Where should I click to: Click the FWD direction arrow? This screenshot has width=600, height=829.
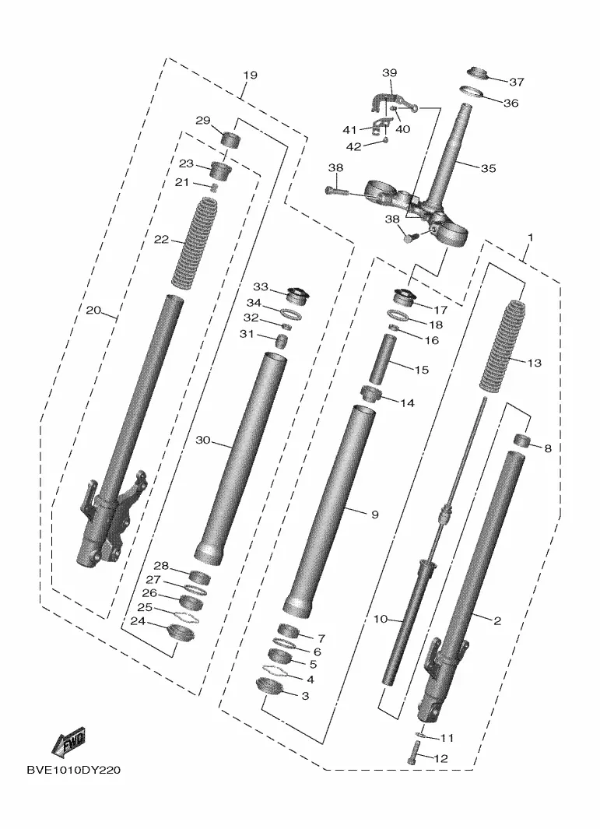68,743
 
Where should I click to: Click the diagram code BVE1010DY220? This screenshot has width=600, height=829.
73,771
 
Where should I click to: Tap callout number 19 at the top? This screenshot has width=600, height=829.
250,76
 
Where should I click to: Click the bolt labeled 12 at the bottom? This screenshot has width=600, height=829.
412,753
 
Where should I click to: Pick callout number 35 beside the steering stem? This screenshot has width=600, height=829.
488,168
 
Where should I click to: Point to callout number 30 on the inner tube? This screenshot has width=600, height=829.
203,441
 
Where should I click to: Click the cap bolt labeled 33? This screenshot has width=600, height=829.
296,295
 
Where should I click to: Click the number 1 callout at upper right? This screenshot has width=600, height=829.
531,237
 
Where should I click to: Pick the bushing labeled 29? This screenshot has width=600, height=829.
229,141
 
